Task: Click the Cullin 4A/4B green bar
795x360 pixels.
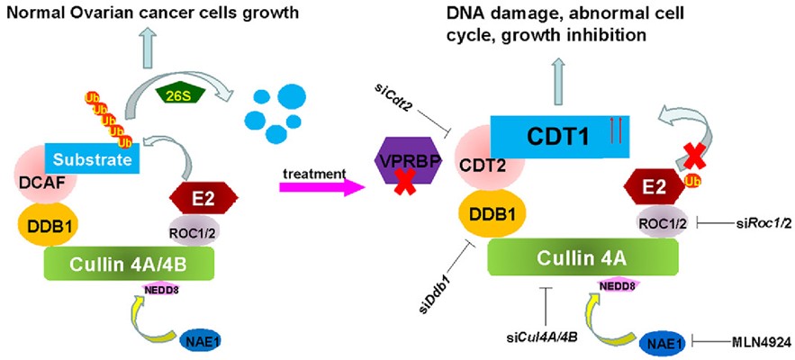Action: point(129,264)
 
